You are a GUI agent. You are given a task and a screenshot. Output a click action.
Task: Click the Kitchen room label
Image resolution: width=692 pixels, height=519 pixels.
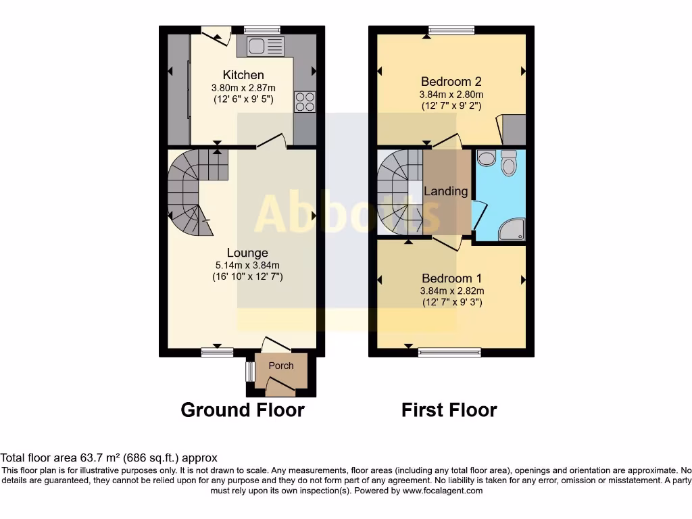243,75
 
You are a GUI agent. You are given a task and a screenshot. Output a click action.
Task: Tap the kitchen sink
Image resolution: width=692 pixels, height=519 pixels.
262,46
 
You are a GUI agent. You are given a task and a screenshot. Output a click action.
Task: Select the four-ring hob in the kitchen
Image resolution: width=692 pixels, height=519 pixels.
305,101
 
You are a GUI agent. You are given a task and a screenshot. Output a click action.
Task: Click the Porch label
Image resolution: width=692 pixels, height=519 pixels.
281,366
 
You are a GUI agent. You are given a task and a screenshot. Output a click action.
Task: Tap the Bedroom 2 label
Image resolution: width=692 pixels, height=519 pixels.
451,82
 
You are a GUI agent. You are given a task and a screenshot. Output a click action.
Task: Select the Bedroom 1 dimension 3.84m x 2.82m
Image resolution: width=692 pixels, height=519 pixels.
452,291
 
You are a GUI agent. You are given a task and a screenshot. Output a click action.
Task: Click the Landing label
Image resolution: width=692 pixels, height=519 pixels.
445,191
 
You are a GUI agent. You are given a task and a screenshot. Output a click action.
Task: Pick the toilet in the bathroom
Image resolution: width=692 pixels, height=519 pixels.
509,162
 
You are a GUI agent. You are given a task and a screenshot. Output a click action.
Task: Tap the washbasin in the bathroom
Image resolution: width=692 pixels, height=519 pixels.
485,158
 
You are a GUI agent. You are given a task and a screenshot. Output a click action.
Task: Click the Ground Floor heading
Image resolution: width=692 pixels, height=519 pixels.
243,410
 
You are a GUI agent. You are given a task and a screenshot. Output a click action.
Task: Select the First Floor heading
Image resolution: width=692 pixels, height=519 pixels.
449,410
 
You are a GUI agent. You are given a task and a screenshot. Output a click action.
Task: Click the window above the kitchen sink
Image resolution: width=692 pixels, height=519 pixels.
262,30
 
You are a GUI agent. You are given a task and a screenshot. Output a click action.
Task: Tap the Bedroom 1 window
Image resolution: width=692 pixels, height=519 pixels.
449,351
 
